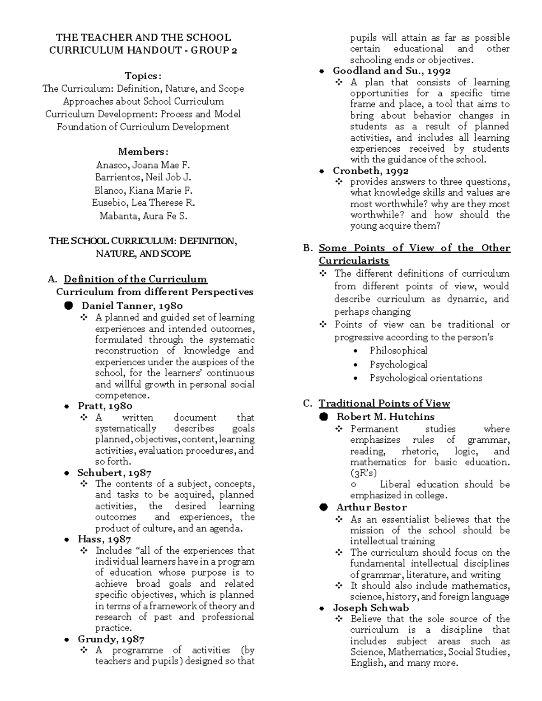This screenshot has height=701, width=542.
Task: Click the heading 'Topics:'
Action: (143, 76)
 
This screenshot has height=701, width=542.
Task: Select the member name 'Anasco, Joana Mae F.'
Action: (143, 165)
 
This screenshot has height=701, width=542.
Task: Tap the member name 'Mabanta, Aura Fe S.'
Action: (143, 216)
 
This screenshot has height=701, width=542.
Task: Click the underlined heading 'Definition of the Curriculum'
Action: (135, 279)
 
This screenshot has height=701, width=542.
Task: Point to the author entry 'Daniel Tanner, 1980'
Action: (132, 306)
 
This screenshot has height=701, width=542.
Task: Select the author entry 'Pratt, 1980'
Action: (105, 406)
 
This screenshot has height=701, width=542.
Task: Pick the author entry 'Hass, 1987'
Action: (104, 539)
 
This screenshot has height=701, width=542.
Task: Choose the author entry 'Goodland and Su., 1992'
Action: (391, 70)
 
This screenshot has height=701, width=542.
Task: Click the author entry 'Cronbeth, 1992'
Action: (370, 171)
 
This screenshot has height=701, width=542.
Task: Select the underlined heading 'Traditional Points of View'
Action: (384, 403)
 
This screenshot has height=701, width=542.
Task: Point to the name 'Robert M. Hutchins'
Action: (385, 417)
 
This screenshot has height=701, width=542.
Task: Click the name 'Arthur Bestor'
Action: (371, 507)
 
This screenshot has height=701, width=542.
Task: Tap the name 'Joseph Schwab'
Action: (370, 608)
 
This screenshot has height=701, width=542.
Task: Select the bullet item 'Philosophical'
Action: (398, 350)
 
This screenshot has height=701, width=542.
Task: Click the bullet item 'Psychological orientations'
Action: (425, 378)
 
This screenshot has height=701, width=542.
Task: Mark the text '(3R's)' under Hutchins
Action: (363, 473)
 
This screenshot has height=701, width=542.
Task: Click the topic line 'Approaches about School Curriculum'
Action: (143, 101)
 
